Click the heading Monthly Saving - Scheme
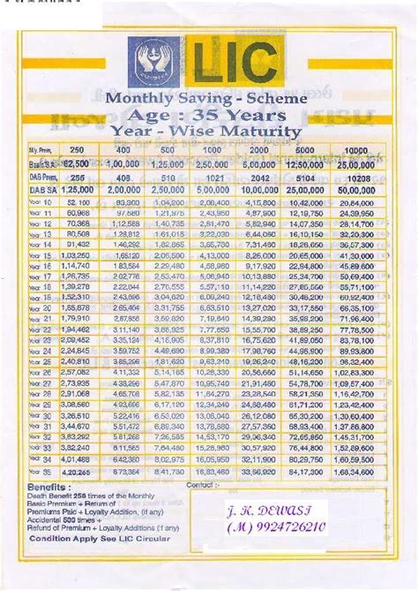point(206,99)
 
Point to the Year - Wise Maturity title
point(206,132)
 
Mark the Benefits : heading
point(49,487)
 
